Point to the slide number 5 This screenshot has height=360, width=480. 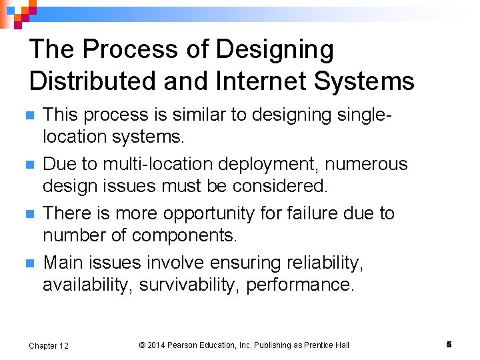(x=449, y=344)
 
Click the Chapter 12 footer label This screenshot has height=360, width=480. (x=48, y=345)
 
